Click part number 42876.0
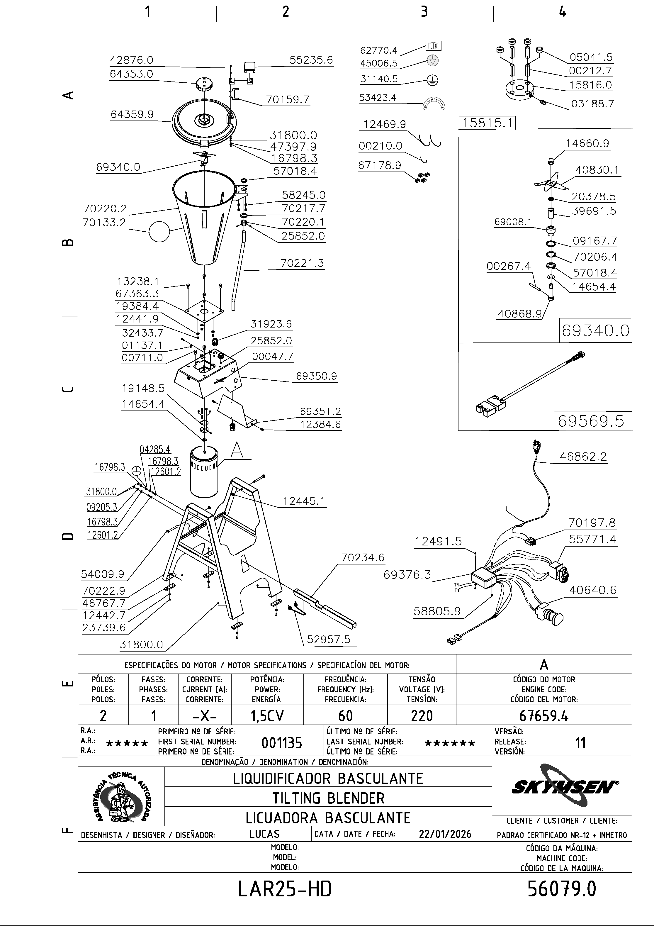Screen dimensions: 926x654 click(x=131, y=60)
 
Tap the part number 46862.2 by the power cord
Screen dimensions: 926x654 click(x=583, y=457)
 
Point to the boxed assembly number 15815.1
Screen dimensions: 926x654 click(x=487, y=123)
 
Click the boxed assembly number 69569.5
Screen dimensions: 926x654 click(x=591, y=421)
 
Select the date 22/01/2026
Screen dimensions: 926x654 click(x=445, y=834)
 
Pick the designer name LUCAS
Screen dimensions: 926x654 click(x=264, y=834)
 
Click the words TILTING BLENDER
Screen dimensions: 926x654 click(x=328, y=798)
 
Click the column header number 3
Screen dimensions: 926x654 click(x=424, y=11)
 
